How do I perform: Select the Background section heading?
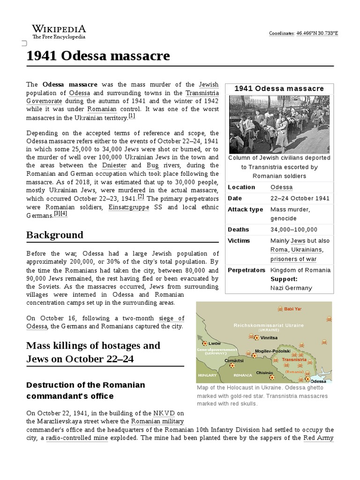(55, 235)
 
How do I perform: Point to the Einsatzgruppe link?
(128, 207)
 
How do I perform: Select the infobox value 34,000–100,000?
(294, 230)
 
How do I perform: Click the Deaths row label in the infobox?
(239, 230)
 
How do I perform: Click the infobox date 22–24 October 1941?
(300, 198)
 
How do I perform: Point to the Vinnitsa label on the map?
(269, 337)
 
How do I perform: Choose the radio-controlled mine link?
(77, 438)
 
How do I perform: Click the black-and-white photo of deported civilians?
(279, 124)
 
